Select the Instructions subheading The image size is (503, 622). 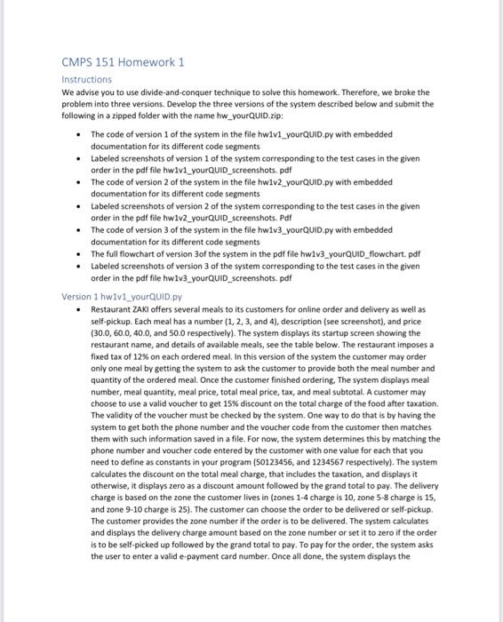(x=86, y=79)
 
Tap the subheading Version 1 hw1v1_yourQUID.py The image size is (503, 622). (x=121, y=296)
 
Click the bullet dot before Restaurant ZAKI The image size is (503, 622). (x=81, y=308)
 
